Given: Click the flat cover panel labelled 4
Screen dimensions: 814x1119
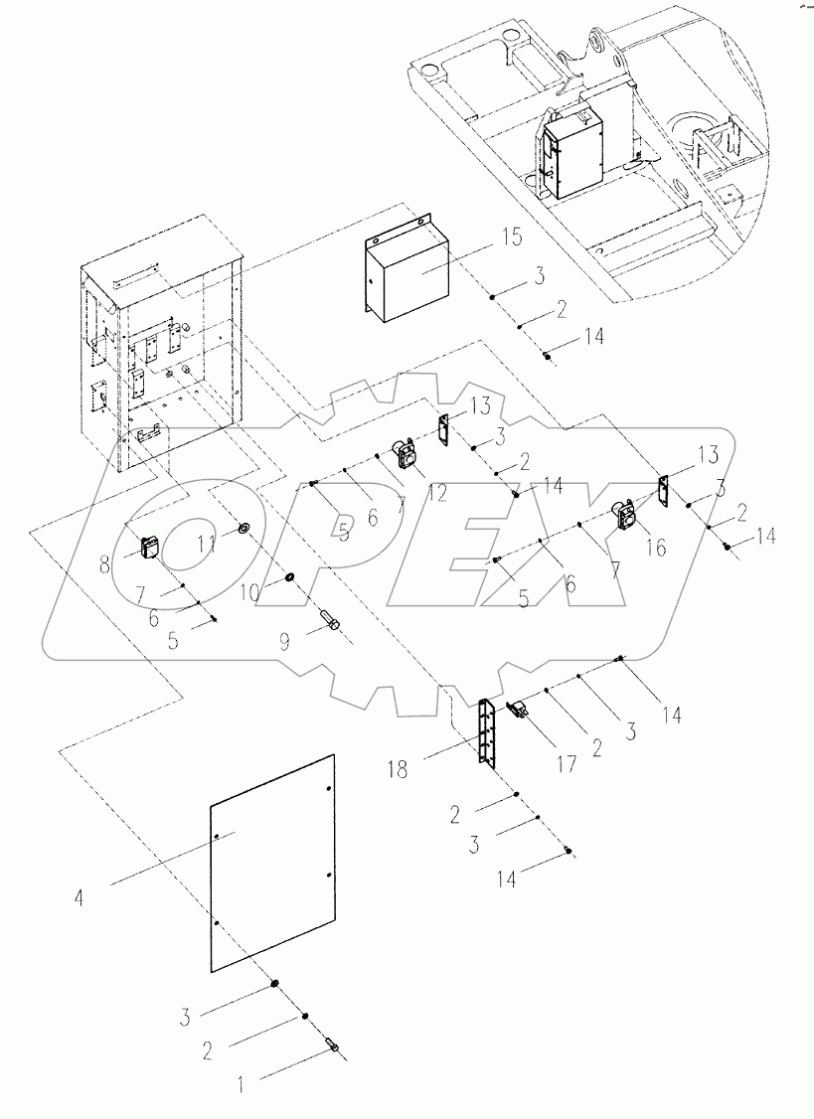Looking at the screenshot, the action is coord(272,862).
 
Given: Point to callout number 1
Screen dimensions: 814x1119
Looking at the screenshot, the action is coord(242,1087).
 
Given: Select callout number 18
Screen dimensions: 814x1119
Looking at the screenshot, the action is coord(399,769).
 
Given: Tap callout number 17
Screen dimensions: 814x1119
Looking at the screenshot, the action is coord(567,764).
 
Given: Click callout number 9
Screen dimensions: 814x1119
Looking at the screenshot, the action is coord(285,642).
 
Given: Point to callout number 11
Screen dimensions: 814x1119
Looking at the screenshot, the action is coord(208,546).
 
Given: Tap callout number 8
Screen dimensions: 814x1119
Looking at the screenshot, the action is coord(105,564).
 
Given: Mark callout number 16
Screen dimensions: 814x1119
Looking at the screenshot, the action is coord(655,547).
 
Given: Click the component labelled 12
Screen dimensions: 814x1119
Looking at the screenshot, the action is coord(405,455).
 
